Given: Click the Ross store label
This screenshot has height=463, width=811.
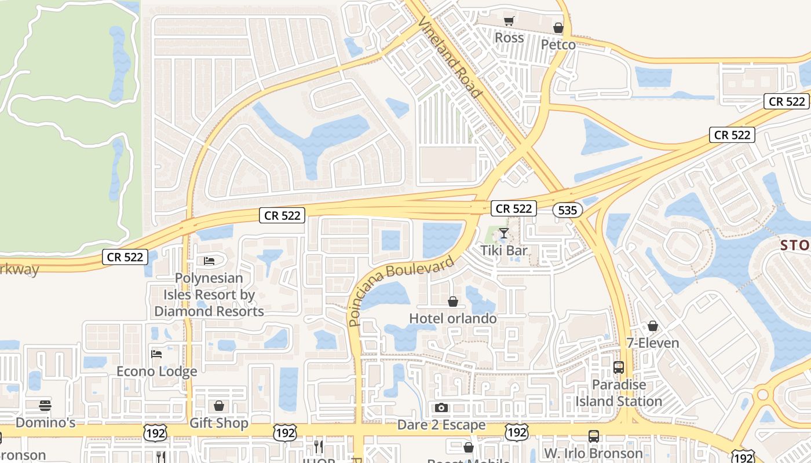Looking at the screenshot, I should click(510, 38).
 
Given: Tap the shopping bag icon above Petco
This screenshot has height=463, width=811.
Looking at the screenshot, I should click(558, 28).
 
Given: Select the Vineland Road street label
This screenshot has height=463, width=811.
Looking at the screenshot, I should click(450, 57).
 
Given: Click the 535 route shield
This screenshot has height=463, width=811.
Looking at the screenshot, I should click(567, 210).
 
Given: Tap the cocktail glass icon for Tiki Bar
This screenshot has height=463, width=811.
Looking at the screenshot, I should click(504, 233).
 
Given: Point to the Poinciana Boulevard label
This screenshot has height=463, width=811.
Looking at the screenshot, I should click(401, 292).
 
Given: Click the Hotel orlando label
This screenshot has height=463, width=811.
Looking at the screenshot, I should click(453, 318).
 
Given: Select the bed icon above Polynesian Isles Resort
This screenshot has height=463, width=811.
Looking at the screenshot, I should click(209, 261).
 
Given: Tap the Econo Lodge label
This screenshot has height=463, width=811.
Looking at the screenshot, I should click(157, 371).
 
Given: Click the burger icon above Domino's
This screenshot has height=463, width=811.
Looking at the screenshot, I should click(45, 405).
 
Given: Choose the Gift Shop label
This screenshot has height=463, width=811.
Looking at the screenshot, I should click(219, 423).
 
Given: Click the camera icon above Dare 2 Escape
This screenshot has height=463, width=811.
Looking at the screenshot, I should click(441, 407).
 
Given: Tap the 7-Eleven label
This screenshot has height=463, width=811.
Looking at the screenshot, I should click(653, 343).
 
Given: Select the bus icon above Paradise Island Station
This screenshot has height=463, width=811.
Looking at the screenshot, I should click(619, 368).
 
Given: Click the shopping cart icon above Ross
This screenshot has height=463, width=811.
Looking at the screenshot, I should click(509, 21).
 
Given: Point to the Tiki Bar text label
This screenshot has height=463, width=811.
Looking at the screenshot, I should click(504, 251).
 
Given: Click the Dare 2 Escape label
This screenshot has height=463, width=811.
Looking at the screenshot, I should click(441, 425).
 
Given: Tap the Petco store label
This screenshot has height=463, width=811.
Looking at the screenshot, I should click(558, 45).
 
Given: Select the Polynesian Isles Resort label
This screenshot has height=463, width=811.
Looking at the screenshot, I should click(209, 295).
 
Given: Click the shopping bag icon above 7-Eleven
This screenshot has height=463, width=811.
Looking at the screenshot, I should click(653, 326).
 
